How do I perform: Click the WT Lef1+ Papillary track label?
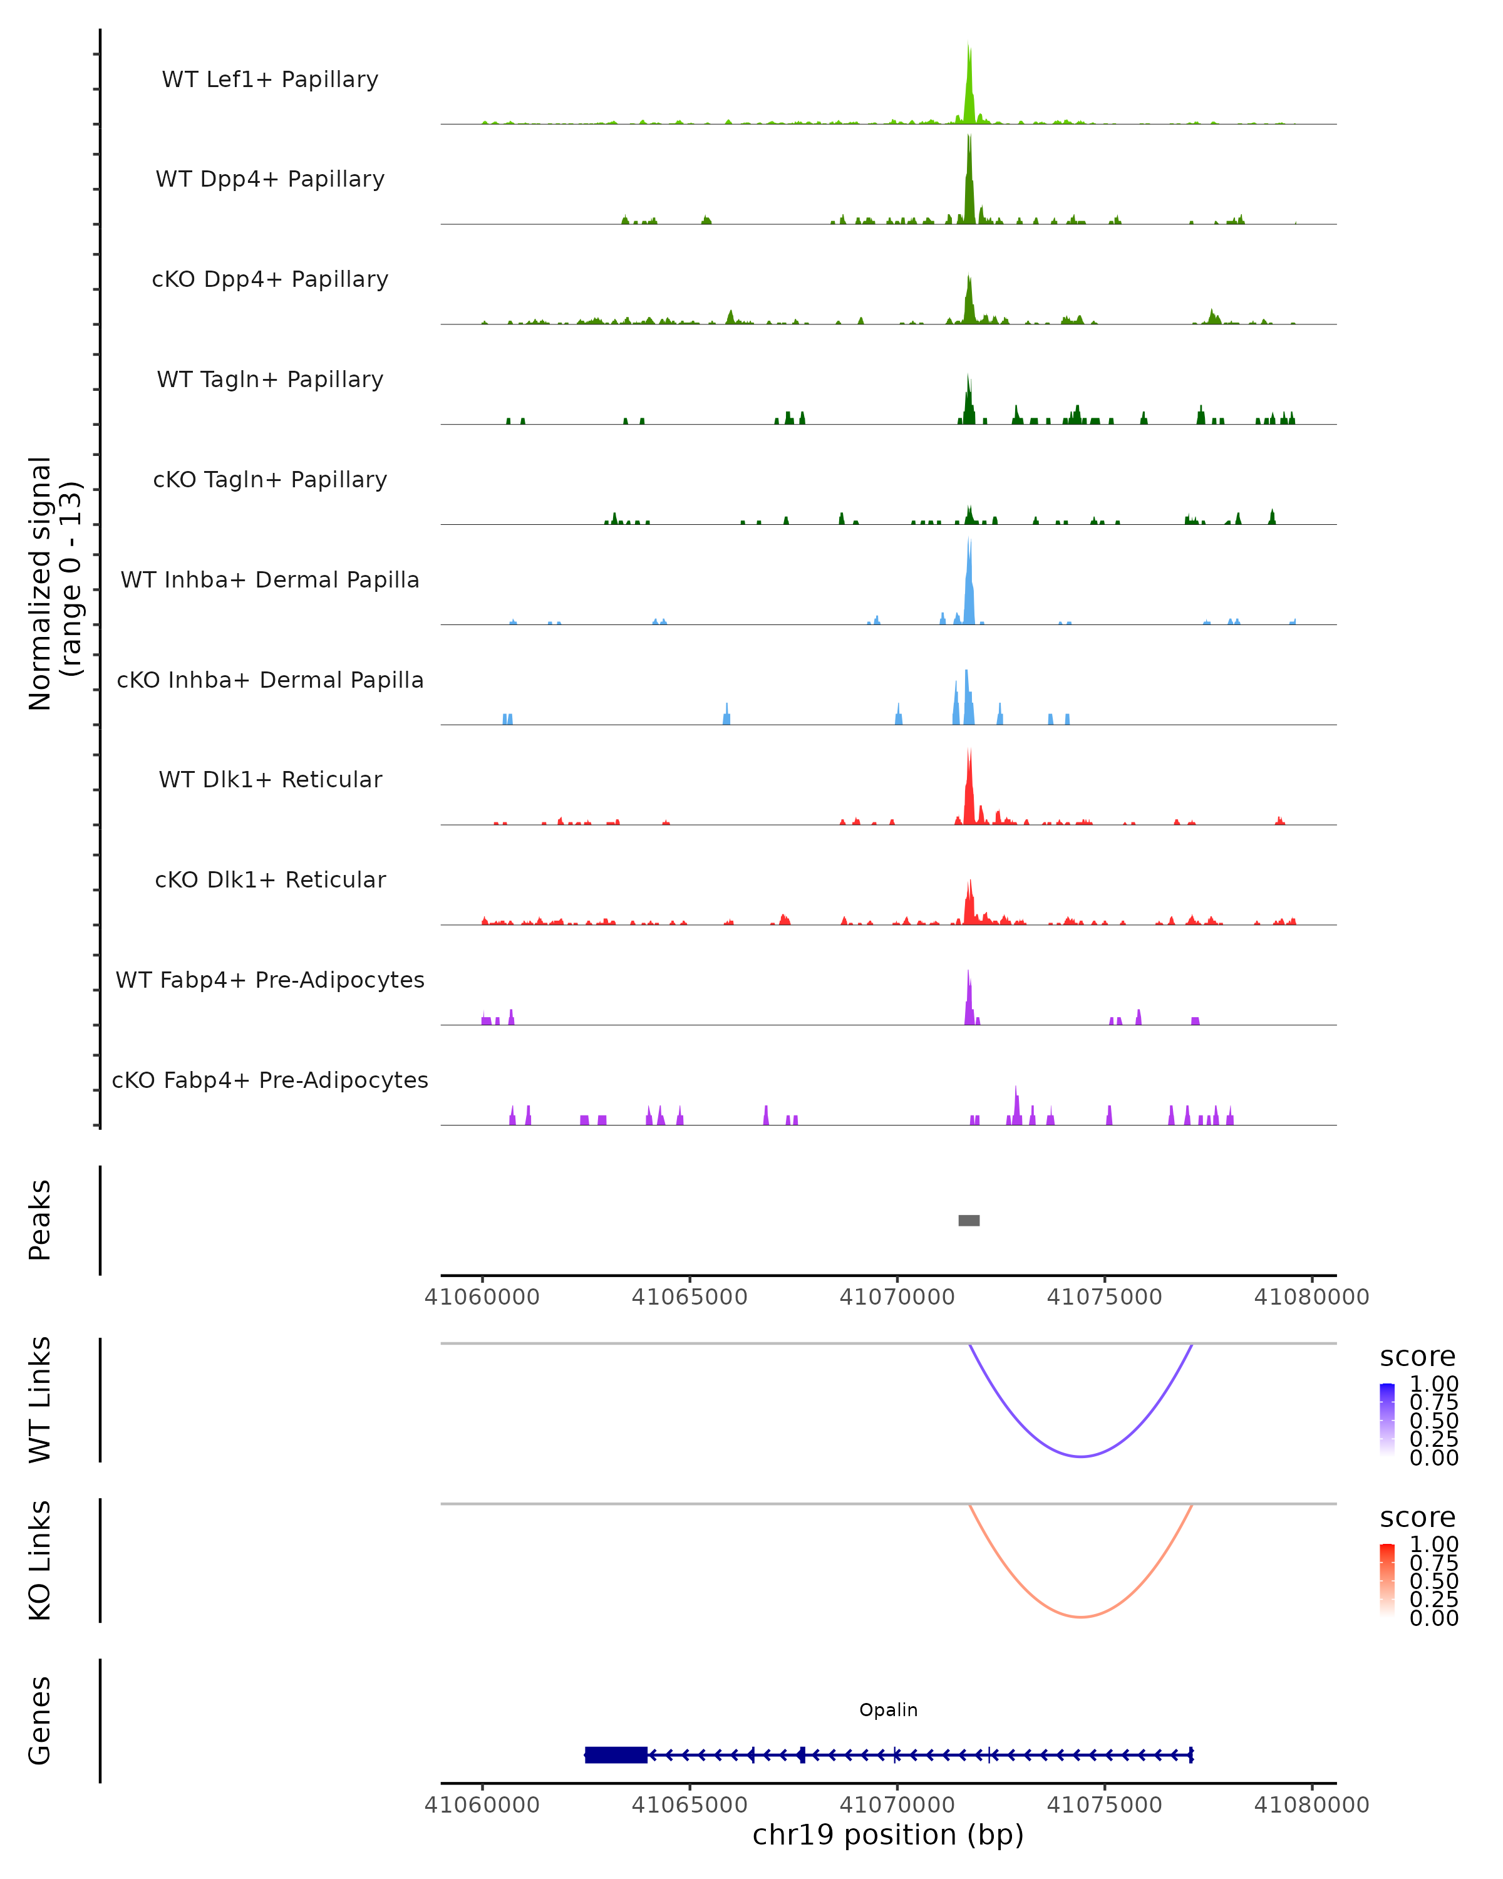[270, 80]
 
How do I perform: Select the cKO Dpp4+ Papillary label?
[270, 280]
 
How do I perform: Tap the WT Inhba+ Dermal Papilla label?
[270, 581]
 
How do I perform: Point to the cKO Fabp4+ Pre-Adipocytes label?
[270, 1080]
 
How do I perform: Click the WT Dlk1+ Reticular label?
[270, 780]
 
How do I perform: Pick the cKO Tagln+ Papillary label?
[270, 480]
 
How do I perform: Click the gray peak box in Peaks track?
[969, 1221]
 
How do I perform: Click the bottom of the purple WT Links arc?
[1080, 1456]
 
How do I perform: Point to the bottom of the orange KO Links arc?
[1080, 1617]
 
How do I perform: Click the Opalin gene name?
[888, 1710]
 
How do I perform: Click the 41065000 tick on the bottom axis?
[690, 1805]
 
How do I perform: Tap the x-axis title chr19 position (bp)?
[888, 1835]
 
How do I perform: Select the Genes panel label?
[40, 1721]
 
